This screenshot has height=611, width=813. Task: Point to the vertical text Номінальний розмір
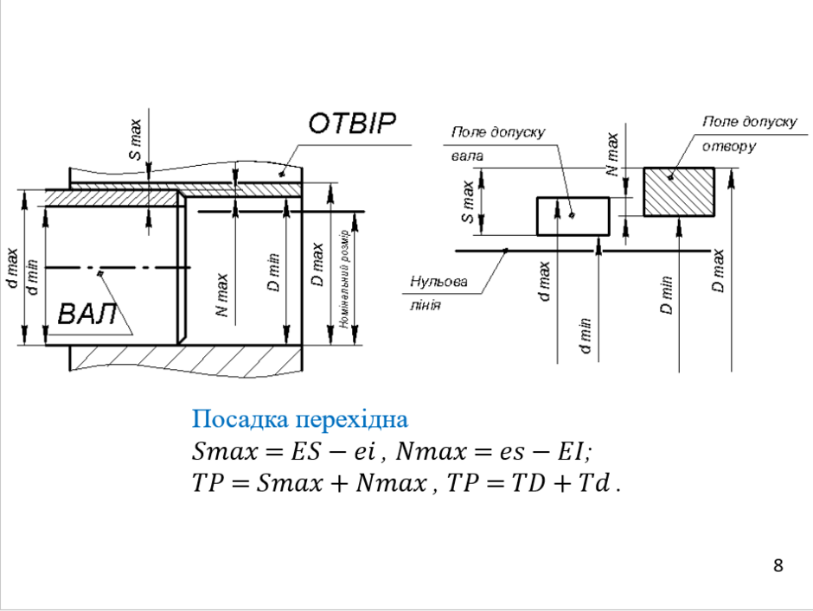point(344,279)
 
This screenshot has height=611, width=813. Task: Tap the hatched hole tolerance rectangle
point(679,192)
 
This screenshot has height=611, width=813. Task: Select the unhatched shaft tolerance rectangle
point(573,216)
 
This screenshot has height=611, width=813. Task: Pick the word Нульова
point(439,282)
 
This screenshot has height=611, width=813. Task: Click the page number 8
point(778,566)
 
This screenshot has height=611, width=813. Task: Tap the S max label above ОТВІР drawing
point(135,139)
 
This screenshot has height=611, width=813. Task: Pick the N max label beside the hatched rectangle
point(613,154)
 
